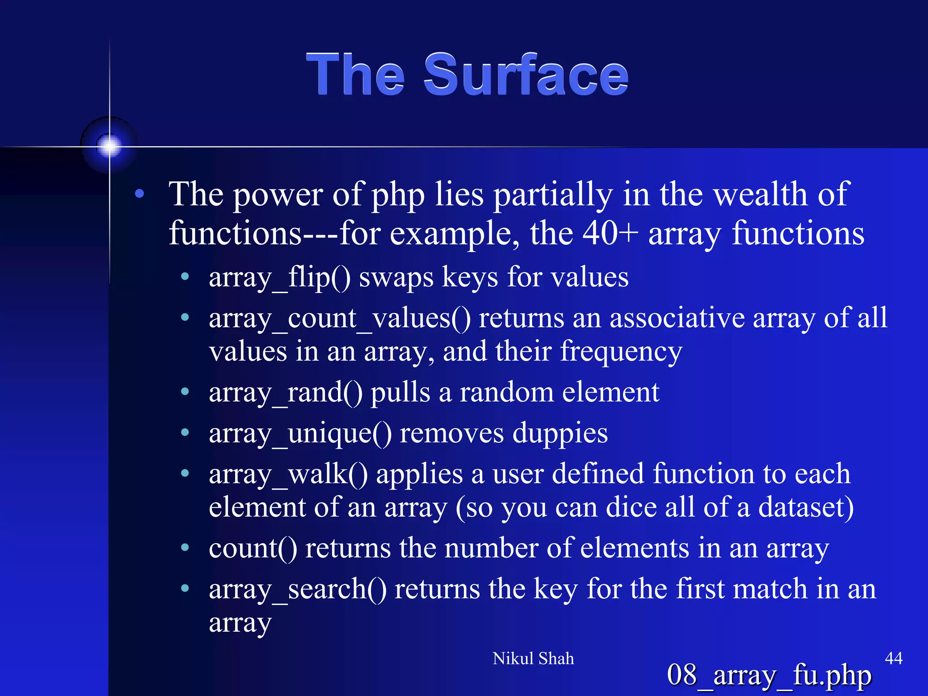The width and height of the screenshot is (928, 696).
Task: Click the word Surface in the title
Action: click(x=526, y=75)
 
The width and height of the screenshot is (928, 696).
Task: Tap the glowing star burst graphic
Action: click(x=109, y=146)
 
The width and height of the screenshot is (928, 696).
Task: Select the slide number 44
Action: click(x=893, y=658)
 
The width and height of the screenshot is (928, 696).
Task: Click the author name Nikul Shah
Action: click(x=533, y=658)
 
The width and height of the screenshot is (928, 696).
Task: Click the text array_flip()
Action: click(x=280, y=277)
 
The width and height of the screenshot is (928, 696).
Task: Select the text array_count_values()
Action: click(x=340, y=319)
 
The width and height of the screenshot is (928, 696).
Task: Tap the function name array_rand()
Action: click(x=285, y=392)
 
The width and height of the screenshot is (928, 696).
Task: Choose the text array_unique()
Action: click(x=300, y=434)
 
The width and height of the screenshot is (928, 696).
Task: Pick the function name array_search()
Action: click(x=298, y=590)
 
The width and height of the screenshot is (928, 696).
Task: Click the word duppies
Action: click(x=560, y=434)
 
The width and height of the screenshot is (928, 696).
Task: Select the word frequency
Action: click(x=621, y=352)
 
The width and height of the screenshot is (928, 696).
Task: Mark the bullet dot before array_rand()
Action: click(x=185, y=391)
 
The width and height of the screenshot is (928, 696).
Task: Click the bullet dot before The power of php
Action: click(x=140, y=194)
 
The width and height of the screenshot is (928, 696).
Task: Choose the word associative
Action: click(x=677, y=318)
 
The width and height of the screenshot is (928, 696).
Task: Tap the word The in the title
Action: click(x=355, y=75)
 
